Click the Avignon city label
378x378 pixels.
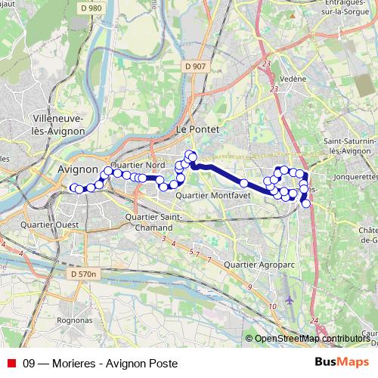point(78,170)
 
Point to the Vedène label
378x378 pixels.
point(293,79)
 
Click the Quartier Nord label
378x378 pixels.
point(138,164)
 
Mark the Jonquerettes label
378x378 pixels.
point(354,176)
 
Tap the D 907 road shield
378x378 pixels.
point(194,66)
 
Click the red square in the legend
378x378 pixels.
point(11,362)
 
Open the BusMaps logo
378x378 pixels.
point(341,362)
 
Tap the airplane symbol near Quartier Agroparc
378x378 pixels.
point(290,300)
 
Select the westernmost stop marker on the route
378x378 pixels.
point(73,187)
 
